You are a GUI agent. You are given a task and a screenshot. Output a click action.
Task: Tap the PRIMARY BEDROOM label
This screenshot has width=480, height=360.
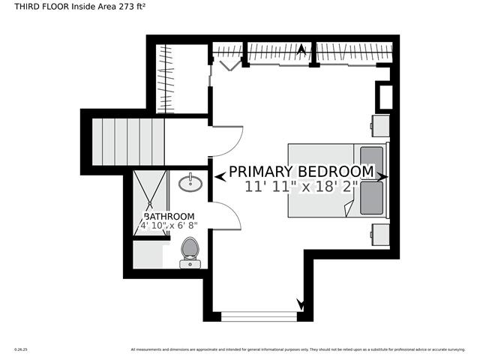[301, 172]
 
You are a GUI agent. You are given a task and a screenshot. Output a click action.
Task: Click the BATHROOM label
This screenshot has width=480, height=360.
[169, 216]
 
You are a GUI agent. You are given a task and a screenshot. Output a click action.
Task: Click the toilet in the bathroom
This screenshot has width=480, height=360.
[190, 250]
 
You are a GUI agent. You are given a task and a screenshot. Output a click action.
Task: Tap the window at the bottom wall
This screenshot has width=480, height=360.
[255, 316]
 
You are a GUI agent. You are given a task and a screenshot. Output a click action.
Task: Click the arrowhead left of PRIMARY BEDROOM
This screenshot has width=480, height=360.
[220, 177]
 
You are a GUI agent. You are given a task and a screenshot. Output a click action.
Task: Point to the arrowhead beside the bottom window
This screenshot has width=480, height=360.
[301, 305]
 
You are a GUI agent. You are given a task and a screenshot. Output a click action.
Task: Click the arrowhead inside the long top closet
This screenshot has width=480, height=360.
[302, 51]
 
